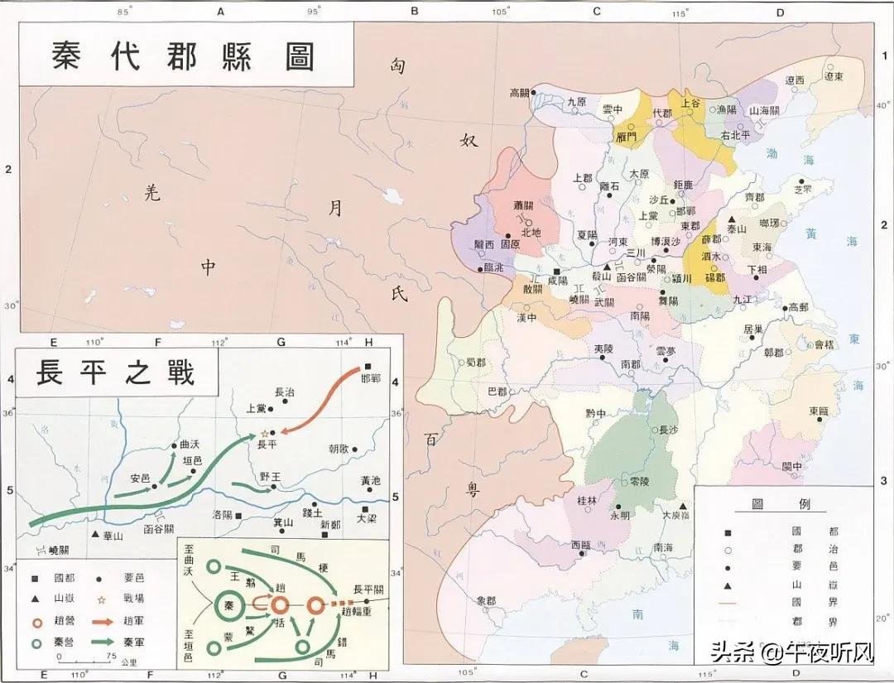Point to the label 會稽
coord(824,344)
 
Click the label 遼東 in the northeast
coord(833,77)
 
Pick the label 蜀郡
coord(476,362)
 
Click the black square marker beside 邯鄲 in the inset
coord(368,366)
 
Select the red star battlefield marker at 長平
coord(265,433)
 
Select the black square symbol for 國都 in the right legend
coord(728,531)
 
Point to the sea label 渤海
coord(781,154)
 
